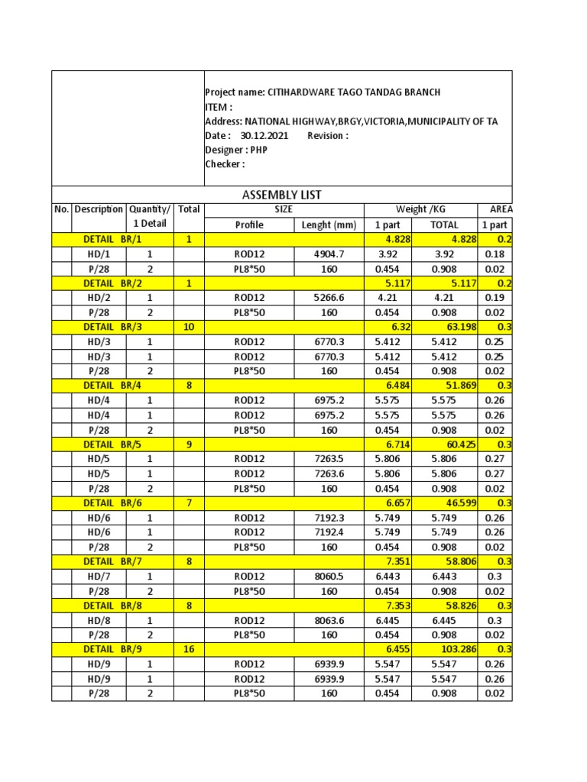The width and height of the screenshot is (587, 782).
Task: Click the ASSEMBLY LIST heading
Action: (281, 195)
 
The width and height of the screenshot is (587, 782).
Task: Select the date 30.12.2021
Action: (264, 136)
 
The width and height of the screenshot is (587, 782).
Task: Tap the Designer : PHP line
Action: (236, 150)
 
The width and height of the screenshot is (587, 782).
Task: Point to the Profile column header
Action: (249, 225)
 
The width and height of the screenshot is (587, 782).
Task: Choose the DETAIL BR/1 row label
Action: (112, 239)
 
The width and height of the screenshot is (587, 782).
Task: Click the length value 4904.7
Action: (329, 254)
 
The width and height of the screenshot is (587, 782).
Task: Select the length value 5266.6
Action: (329, 298)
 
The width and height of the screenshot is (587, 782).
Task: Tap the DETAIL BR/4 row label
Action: (112, 386)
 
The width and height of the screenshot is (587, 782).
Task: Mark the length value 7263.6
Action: (329, 473)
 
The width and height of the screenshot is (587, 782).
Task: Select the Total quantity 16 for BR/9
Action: (189, 649)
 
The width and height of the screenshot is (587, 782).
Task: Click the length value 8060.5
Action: (329, 577)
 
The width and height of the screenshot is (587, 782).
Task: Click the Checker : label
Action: (225, 164)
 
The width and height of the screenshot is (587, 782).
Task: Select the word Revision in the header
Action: (328, 136)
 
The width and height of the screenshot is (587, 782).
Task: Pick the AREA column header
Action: (496, 209)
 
